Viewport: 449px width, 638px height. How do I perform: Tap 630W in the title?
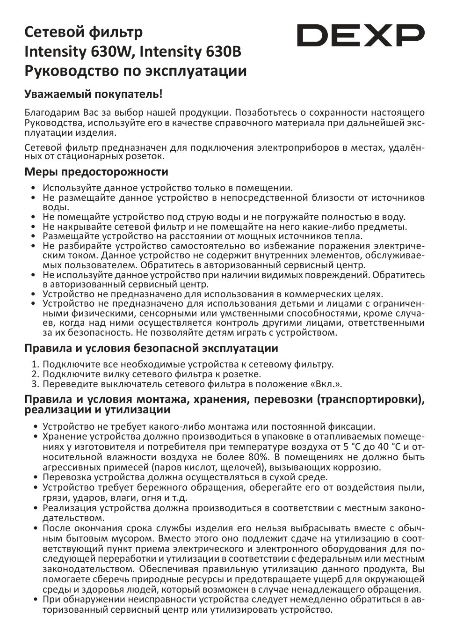[x=115, y=52]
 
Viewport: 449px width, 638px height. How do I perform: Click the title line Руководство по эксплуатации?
[x=135, y=71]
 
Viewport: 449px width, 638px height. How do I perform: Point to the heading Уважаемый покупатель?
[x=94, y=94]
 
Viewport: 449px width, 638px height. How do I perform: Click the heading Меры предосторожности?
[x=96, y=171]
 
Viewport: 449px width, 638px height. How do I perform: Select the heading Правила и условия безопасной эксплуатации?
[x=151, y=348]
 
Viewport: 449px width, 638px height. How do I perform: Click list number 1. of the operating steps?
[x=36, y=364]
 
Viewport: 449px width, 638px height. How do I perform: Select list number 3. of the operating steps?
[x=36, y=384]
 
